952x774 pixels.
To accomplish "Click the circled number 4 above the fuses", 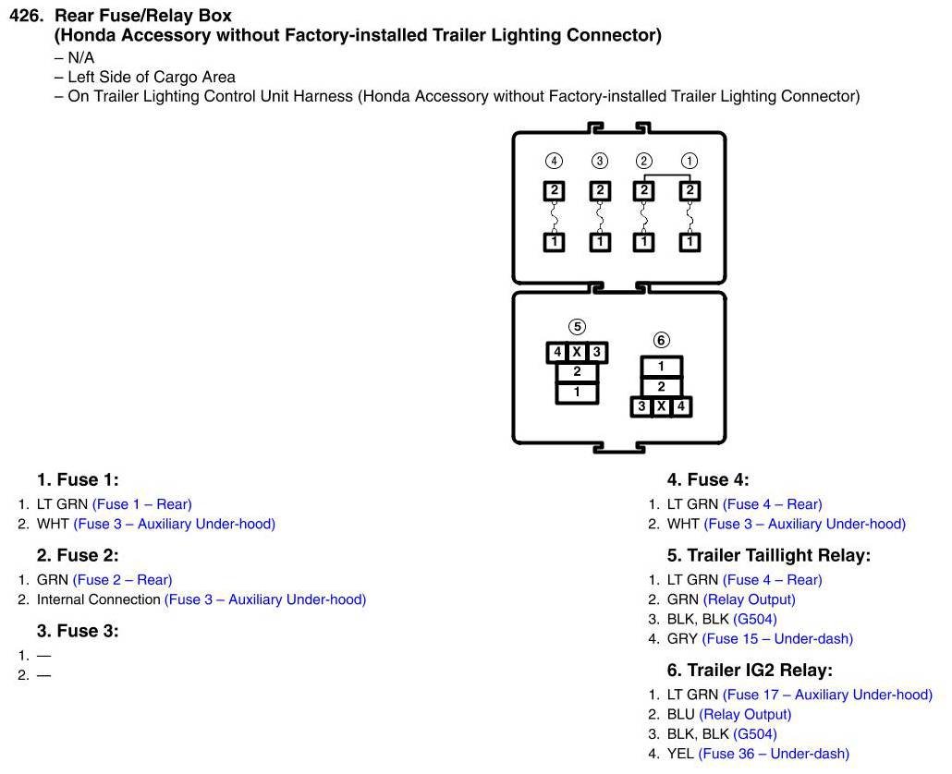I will point(554,161).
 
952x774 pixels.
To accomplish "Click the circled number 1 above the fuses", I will point(690,161).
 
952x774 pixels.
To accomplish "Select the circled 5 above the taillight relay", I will point(577,326).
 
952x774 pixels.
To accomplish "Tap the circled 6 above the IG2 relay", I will point(662,340).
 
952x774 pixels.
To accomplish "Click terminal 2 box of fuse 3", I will point(600,191).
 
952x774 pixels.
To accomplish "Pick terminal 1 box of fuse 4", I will point(554,242).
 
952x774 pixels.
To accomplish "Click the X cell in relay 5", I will point(577,352).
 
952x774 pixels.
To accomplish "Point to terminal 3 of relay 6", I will point(641,406).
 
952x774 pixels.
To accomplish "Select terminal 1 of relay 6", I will point(661,367).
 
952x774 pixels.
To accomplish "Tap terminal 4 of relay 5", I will point(557,352).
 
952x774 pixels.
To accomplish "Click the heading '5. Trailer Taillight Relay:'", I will point(769,555).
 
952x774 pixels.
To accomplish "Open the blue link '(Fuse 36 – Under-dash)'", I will point(774,754).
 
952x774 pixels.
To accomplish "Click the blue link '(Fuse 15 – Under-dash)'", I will point(777,638).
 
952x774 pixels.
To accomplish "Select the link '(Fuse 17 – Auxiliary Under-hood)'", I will point(827,695).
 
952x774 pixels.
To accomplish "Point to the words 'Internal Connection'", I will point(99,599).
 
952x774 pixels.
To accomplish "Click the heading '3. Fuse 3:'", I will point(78,631).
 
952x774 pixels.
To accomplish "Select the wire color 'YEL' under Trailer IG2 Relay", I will point(680,754).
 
